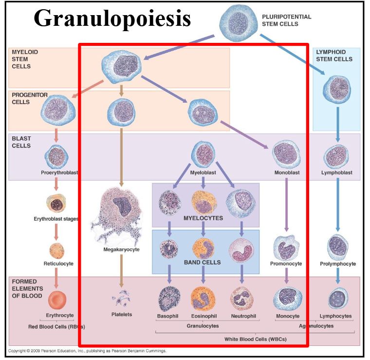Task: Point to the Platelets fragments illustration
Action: point(121,299)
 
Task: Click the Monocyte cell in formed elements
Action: point(287,299)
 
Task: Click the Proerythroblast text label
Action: point(60,172)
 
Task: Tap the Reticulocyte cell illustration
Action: point(56,250)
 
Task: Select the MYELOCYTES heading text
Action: point(203,218)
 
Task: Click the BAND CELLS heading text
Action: point(202,262)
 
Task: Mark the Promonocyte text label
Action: point(286,264)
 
